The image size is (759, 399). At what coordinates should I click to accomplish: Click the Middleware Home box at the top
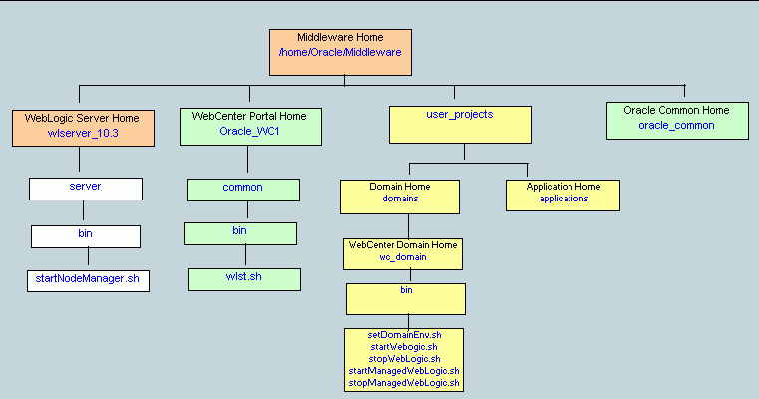click(x=339, y=51)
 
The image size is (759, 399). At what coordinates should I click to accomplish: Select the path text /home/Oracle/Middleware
click(x=339, y=51)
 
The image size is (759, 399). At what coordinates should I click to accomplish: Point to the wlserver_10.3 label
click(x=83, y=133)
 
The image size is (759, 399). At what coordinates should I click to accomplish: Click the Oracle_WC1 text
click(x=243, y=131)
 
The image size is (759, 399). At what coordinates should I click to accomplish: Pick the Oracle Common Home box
click(x=676, y=119)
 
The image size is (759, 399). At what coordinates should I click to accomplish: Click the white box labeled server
click(x=85, y=188)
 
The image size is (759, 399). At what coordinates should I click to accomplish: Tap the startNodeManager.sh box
click(x=88, y=280)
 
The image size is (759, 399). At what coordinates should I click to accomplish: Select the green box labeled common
click(x=242, y=189)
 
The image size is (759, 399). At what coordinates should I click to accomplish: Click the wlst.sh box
click(x=242, y=278)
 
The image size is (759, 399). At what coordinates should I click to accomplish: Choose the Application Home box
click(x=564, y=195)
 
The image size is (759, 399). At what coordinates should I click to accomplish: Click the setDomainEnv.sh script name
click(x=404, y=334)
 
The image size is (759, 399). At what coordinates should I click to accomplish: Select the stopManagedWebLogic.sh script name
click(x=404, y=382)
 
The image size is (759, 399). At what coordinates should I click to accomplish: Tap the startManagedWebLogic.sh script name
click(x=404, y=370)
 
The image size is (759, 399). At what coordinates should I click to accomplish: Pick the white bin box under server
click(x=85, y=236)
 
